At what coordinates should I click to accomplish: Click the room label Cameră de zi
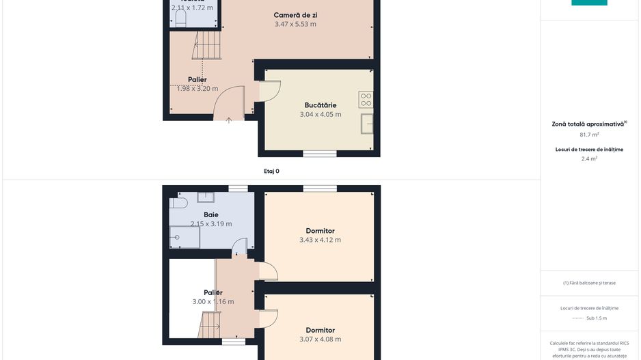[295, 15]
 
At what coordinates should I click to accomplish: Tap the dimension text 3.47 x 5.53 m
[295, 25]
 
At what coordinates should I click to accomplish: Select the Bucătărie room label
[320, 105]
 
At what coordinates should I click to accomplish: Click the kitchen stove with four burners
[366, 100]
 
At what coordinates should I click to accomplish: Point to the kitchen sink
[367, 124]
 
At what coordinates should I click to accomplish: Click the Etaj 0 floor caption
[271, 171]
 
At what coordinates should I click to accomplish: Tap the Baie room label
[210, 214]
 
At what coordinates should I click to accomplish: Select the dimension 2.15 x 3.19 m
[210, 224]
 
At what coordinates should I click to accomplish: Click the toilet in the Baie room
[180, 203]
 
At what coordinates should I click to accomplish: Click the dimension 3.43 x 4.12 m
[320, 240]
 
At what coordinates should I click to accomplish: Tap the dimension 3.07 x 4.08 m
[320, 339]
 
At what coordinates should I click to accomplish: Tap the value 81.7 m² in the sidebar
[589, 135]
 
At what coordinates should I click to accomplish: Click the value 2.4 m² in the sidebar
[589, 158]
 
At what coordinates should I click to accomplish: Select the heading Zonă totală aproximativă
[588, 124]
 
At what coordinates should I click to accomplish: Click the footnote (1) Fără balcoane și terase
[589, 283]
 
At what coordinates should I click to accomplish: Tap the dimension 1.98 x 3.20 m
[197, 89]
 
